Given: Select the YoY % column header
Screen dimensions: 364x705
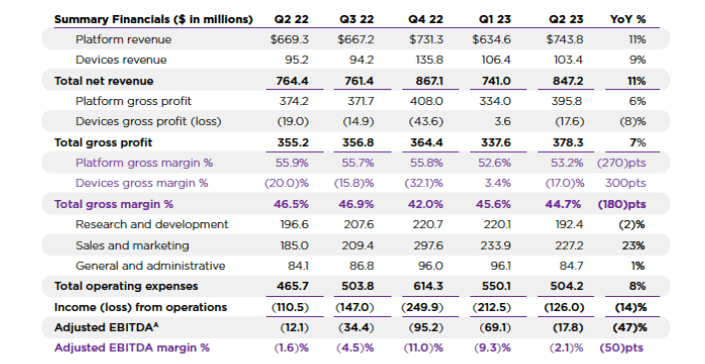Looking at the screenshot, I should [626, 19].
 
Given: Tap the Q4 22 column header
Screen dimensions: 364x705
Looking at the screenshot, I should [426, 19].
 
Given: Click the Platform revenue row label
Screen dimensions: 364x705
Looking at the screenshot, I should [123, 39].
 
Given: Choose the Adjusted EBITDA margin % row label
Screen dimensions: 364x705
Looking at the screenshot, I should [132, 348].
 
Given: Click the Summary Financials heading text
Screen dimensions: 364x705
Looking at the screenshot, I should [146, 19].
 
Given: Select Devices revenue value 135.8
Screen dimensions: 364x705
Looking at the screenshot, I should [428, 60].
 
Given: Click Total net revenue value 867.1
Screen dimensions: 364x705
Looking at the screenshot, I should [427, 80].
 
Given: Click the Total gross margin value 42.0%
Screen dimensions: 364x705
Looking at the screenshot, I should [425, 204].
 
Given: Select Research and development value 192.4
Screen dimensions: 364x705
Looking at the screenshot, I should [561, 225].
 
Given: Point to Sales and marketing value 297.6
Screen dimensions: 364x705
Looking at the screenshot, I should [427, 245].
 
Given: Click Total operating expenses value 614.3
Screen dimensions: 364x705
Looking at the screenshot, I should [427, 286].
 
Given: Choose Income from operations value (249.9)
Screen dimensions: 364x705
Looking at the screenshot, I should [423, 307].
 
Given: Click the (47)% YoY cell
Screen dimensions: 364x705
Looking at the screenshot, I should [626, 327].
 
